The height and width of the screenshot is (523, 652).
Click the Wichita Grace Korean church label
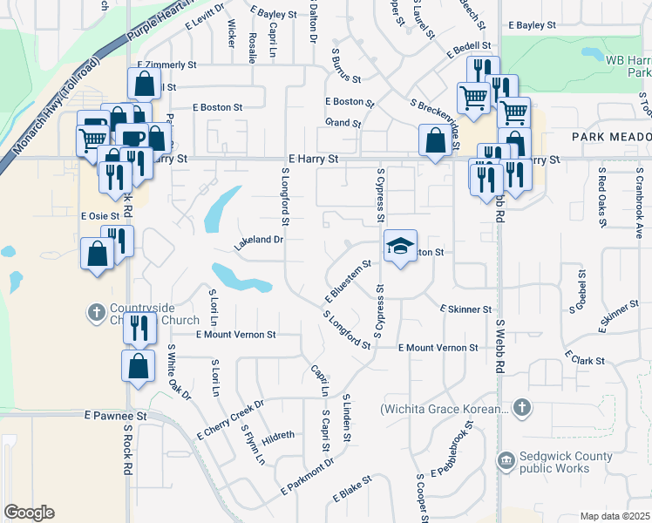click(x=443, y=408)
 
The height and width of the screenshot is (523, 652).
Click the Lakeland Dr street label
click(x=259, y=240)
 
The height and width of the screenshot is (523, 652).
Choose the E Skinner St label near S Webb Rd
click(x=466, y=309)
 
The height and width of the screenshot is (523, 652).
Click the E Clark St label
click(x=584, y=358)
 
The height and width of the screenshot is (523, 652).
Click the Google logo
click(x=29, y=512)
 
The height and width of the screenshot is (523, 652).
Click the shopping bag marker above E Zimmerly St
click(x=144, y=84)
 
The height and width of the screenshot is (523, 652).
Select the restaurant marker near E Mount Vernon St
click(x=139, y=327)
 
